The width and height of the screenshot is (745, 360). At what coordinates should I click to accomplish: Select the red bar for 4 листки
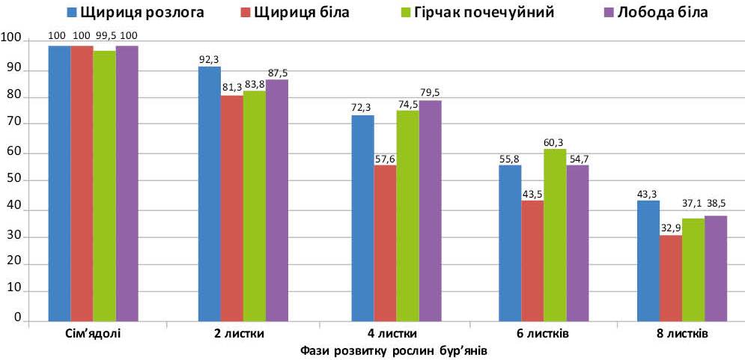coord(385,242)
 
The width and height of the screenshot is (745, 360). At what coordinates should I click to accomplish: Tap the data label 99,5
coord(104,36)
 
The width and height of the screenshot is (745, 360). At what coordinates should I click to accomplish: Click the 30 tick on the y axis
coord(10,237)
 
